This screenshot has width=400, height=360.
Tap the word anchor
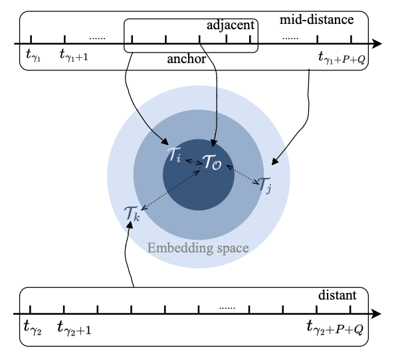click(x=186, y=60)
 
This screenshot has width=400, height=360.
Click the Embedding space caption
click(x=198, y=248)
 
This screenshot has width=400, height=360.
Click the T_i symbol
click(x=174, y=157)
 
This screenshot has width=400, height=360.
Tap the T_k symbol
click(x=132, y=214)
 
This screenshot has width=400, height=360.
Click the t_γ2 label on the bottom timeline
click(x=33, y=327)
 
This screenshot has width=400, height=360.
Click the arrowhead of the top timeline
click(x=377, y=45)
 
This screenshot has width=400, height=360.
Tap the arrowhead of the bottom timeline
click(x=377, y=314)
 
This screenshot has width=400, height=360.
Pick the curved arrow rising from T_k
click(x=129, y=256)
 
